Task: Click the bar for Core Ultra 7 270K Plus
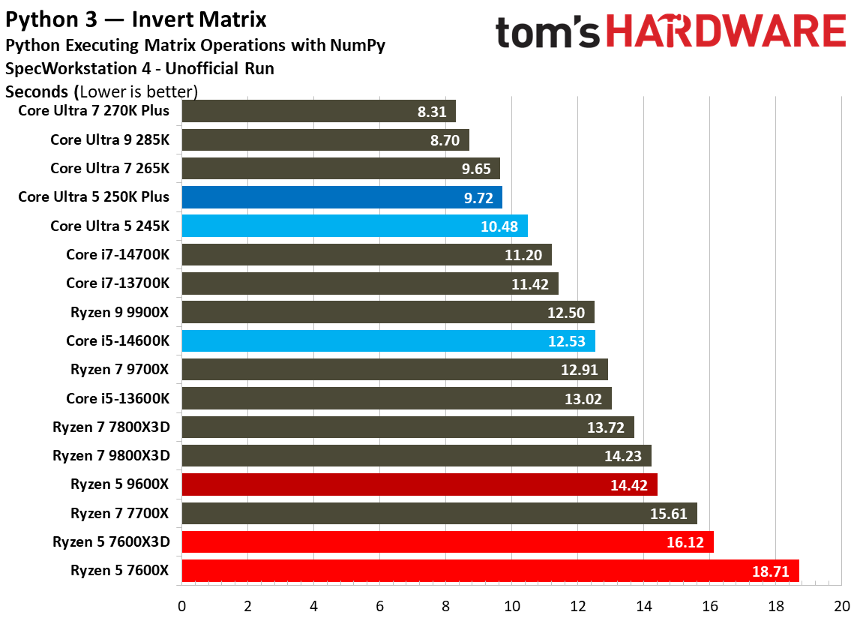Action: click(x=319, y=112)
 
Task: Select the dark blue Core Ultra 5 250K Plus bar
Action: click(x=341, y=197)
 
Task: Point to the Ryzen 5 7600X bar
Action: click(x=490, y=571)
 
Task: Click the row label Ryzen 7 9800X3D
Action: click(x=111, y=455)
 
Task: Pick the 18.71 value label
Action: click(x=770, y=571)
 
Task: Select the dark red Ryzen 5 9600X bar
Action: click(x=419, y=484)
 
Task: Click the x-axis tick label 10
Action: click(x=512, y=605)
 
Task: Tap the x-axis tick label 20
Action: click(x=841, y=605)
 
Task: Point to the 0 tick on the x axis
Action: click(x=181, y=605)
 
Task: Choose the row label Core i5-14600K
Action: click(x=118, y=340)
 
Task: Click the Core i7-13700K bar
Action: click(x=370, y=283)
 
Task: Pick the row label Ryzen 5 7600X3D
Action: click(x=111, y=541)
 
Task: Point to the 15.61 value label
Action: click(x=670, y=514)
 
